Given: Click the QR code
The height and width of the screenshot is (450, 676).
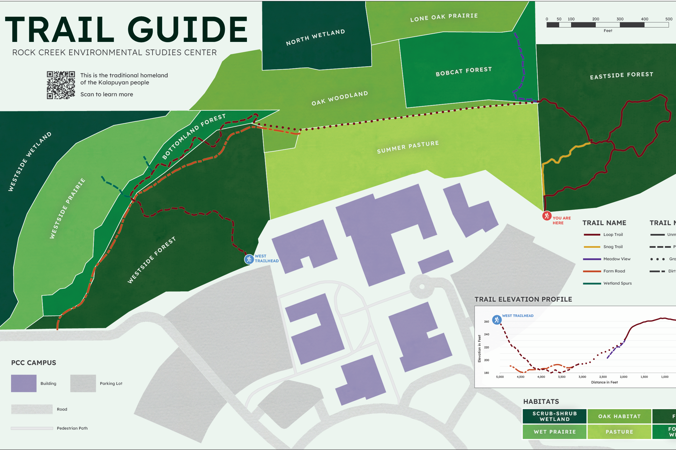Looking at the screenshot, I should pyautogui.click(x=61, y=85).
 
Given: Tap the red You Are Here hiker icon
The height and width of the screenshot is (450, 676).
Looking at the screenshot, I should pyautogui.click(x=546, y=216).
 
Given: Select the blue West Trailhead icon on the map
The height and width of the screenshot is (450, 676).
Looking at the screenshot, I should pyautogui.click(x=249, y=259).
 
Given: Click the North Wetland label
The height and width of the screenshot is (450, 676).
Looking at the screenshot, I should pyautogui.click(x=315, y=37).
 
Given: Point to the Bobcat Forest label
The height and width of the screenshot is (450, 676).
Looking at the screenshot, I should pyautogui.click(x=464, y=71).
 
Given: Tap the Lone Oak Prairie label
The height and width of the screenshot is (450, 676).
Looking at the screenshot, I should pyautogui.click(x=444, y=17).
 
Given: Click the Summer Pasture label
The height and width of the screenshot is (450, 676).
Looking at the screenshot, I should pyautogui.click(x=408, y=147).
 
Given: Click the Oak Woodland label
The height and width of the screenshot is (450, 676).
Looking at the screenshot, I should pyautogui.click(x=340, y=98).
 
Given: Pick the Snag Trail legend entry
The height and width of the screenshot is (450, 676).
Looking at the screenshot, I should pyautogui.click(x=612, y=247).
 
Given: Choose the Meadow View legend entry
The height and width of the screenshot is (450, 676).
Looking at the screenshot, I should pyautogui.click(x=616, y=259).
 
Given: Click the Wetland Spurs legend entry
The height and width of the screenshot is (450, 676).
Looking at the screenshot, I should pyautogui.click(x=617, y=283).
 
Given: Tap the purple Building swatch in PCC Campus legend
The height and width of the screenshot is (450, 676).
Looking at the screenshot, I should pyautogui.click(x=24, y=383).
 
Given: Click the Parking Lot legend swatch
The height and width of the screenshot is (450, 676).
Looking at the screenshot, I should pyautogui.click(x=83, y=383).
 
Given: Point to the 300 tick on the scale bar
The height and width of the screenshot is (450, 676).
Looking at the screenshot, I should pyautogui.click(x=620, y=19).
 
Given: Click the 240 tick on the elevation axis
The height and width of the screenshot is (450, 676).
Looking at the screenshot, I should pyautogui.click(x=486, y=334).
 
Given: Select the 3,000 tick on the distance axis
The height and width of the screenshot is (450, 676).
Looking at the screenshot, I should pyautogui.click(x=582, y=377).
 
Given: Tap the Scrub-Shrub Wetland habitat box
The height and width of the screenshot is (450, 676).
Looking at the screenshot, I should pyautogui.click(x=554, y=416).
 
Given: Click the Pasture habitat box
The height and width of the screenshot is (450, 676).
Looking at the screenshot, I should pyautogui.click(x=619, y=432).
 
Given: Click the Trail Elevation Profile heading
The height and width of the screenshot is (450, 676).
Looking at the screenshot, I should pyautogui.click(x=523, y=299).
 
